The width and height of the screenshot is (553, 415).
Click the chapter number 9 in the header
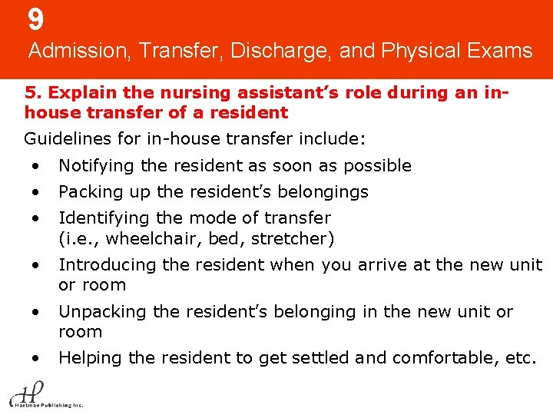(x=35, y=19)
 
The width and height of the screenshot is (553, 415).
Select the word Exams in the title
(x=501, y=51)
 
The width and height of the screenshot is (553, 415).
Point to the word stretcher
(x=293, y=238)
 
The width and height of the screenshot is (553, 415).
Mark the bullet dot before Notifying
(x=35, y=166)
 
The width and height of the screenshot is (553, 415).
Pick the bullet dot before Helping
(x=35, y=358)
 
